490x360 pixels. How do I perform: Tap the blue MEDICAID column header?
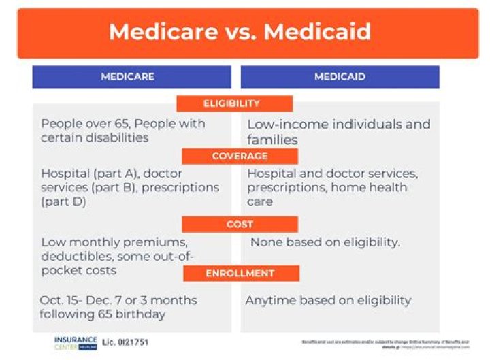(x=340, y=77)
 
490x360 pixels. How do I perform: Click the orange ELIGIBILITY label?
(x=232, y=103)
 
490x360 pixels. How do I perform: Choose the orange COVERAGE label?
(x=239, y=156)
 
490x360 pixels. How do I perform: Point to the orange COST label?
(x=240, y=224)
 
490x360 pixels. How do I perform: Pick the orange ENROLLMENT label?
(x=240, y=273)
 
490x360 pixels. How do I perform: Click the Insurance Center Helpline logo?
(x=76, y=342)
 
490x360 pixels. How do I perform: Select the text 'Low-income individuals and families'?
(x=338, y=132)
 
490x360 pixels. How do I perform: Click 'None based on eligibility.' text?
(x=325, y=242)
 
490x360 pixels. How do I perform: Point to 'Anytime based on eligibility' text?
(x=328, y=300)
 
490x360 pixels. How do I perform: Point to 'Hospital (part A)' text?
(x=84, y=173)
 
